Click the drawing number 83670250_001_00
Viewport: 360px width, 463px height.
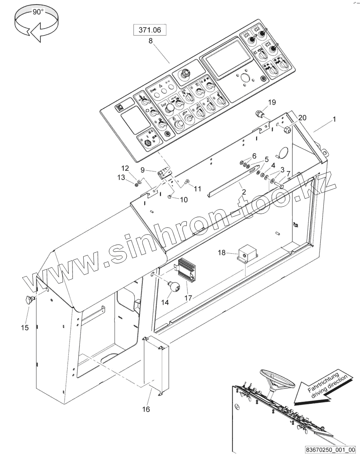330,450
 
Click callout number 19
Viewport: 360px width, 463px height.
271,102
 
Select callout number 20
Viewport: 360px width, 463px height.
302,118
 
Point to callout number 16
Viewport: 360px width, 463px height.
146,409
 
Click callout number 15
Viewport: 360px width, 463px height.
25,327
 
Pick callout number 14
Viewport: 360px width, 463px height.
165,302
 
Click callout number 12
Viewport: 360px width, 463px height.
125,168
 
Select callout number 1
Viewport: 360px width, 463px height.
334,119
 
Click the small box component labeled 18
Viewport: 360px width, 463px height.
247,253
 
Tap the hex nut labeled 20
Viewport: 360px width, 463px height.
287,131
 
